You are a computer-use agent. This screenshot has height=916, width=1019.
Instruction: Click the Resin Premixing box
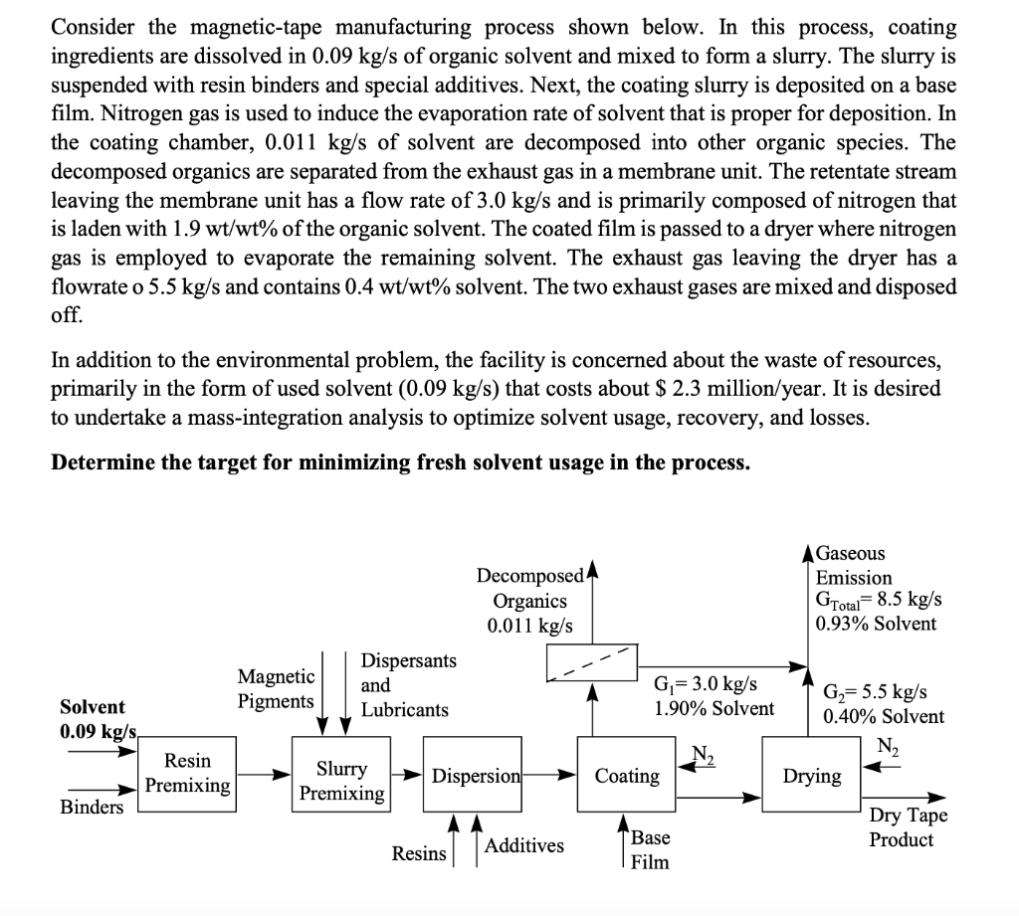point(187,774)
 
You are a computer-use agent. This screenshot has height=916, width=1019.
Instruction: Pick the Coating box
point(627,775)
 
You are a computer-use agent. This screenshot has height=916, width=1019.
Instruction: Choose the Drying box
point(811,775)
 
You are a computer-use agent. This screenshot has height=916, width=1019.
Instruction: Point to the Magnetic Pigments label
point(276,688)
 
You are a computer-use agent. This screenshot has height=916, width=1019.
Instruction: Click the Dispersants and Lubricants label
point(404,685)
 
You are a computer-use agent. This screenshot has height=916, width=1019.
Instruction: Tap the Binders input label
point(93,806)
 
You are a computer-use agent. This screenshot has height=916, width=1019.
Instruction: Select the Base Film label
point(651,848)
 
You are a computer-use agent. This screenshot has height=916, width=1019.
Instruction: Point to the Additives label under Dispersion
point(523,845)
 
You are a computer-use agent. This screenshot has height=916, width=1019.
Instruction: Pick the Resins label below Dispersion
point(419,853)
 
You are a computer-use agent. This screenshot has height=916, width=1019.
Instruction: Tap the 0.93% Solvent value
point(875,624)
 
